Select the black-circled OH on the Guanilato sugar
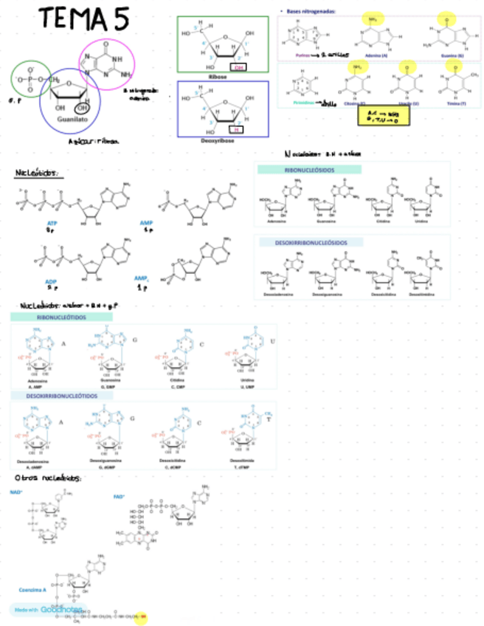(83, 109)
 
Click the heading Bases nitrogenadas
(310, 11)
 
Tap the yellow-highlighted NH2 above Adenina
(373, 18)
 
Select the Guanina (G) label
(449, 55)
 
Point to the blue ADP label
(51, 281)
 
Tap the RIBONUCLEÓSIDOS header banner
(309, 170)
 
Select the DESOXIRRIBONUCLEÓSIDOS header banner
(309, 242)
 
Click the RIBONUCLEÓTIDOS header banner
(62, 317)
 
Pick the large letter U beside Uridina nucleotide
(272, 341)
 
